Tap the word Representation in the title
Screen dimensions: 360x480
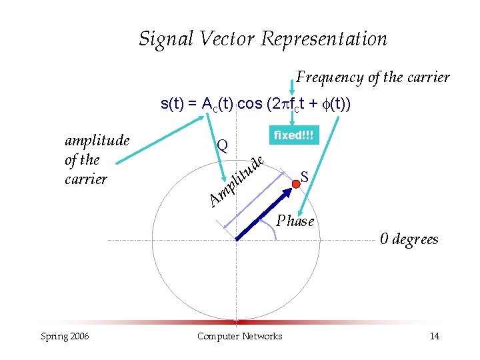tap(324, 39)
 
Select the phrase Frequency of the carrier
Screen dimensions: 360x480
tap(373, 77)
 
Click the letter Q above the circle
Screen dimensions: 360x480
tap(223, 146)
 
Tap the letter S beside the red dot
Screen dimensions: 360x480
tap(305, 177)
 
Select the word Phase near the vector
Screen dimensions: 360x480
tap(295, 221)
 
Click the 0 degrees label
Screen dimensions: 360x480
tap(409, 239)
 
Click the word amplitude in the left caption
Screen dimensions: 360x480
tap(96, 140)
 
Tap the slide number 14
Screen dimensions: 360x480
tap(434, 336)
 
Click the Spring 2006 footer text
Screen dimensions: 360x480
tap(64, 336)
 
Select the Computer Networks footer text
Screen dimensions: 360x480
tap(239, 336)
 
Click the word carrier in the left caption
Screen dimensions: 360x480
tap(86, 179)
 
